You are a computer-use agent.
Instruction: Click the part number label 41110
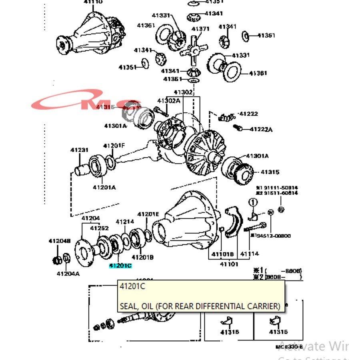tap(93, 2)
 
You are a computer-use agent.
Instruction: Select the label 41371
tap(200, 29)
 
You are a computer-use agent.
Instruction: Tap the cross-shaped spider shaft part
tap(193, 50)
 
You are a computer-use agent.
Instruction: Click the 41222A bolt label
tap(261, 129)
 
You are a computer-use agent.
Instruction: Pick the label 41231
tap(79, 150)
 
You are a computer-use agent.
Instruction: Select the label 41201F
tap(114, 146)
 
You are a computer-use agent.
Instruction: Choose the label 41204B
tap(60, 241)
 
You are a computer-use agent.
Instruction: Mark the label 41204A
tap(68, 274)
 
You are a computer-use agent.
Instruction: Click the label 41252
tap(99, 228)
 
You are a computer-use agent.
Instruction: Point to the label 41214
tap(125, 222)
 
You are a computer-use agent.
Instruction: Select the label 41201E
tap(148, 214)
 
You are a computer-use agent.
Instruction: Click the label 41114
tap(249, 254)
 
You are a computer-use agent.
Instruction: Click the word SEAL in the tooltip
tap(128, 306)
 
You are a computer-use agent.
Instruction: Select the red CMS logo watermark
tap(86, 102)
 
